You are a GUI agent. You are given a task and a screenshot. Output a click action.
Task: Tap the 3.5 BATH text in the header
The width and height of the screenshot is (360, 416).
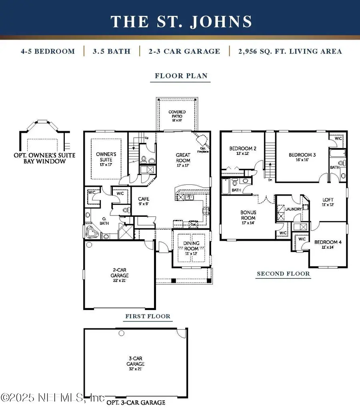tap(112, 51)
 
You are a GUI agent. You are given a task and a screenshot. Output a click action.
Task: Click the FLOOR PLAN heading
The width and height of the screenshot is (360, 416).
tap(181, 76)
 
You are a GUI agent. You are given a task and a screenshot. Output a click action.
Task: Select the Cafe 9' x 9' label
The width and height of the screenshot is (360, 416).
tap(144, 201)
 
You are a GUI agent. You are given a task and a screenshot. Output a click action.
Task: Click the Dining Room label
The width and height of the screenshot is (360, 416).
tap(191, 246)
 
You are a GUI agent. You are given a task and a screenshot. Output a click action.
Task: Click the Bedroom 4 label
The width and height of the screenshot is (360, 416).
tap(328, 244)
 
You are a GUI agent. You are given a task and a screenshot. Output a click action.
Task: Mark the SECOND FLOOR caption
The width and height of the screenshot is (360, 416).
tap(283, 274)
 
